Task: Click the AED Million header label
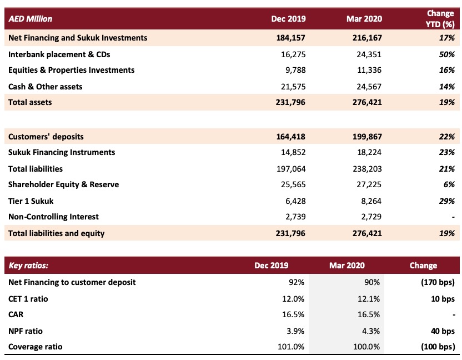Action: (x=31, y=19)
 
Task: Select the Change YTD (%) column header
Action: (x=440, y=18)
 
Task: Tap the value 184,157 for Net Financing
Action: (x=291, y=38)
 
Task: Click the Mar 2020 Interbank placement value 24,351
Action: (x=369, y=54)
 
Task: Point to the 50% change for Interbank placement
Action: (x=447, y=54)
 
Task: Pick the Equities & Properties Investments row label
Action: (x=71, y=70)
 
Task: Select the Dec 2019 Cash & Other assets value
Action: (x=293, y=87)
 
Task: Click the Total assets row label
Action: (x=30, y=102)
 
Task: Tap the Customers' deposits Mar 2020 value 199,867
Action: (x=367, y=137)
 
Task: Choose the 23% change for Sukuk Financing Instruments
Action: (x=447, y=152)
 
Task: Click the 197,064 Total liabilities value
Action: (x=291, y=169)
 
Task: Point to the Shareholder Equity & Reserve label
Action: (x=64, y=184)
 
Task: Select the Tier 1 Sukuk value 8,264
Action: (x=371, y=201)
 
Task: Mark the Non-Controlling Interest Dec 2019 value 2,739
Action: (x=295, y=217)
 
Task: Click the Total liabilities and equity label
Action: (x=57, y=233)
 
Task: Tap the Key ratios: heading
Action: (x=28, y=266)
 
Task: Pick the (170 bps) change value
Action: (x=438, y=282)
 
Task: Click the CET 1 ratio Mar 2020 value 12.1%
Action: (x=369, y=299)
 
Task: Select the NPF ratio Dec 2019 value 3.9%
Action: (x=295, y=331)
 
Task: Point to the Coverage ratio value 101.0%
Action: (x=291, y=347)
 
